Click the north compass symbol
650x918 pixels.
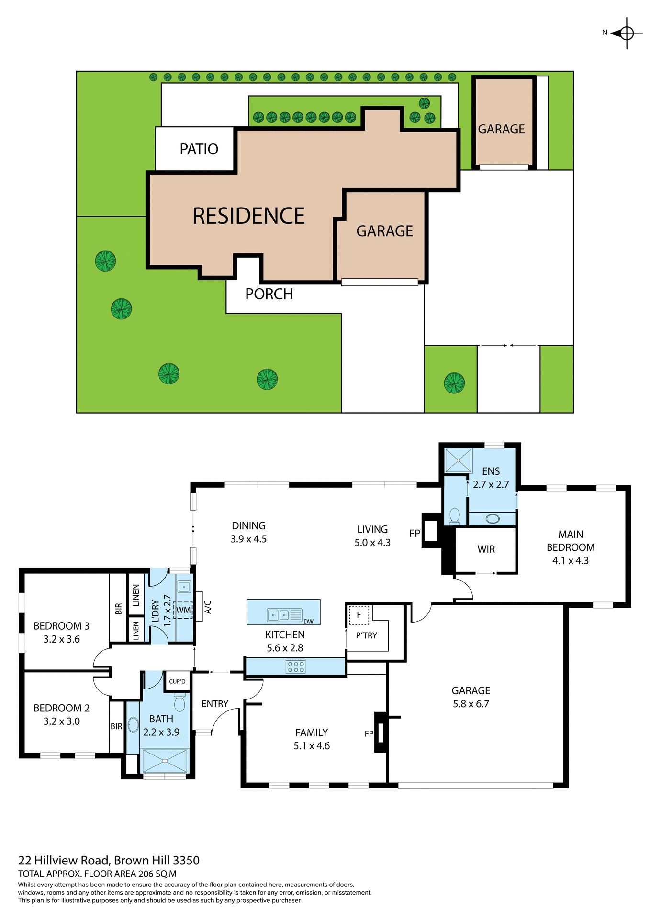(626, 33)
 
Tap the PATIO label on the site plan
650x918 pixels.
(199, 149)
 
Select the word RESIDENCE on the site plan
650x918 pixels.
(248, 216)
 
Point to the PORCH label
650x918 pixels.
(269, 294)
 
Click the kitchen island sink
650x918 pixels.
(279, 615)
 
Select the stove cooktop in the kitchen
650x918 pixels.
(295, 667)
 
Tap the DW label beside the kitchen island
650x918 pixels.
(308, 622)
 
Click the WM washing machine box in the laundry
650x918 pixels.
(183, 610)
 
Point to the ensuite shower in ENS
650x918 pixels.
(458, 460)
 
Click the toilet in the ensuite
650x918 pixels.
(455, 516)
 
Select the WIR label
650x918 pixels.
(486, 549)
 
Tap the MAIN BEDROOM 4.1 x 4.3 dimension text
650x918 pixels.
(571, 561)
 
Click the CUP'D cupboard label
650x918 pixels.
(177, 681)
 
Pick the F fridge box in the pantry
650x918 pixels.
(359, 615)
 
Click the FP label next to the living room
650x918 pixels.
(415, 533)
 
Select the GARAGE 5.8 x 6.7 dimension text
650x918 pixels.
(471, 704)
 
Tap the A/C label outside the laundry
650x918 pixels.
(208, 607)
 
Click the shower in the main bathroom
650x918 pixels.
(165, 761)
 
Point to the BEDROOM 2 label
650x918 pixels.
(61, 708)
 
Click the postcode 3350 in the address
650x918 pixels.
(186, 861)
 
